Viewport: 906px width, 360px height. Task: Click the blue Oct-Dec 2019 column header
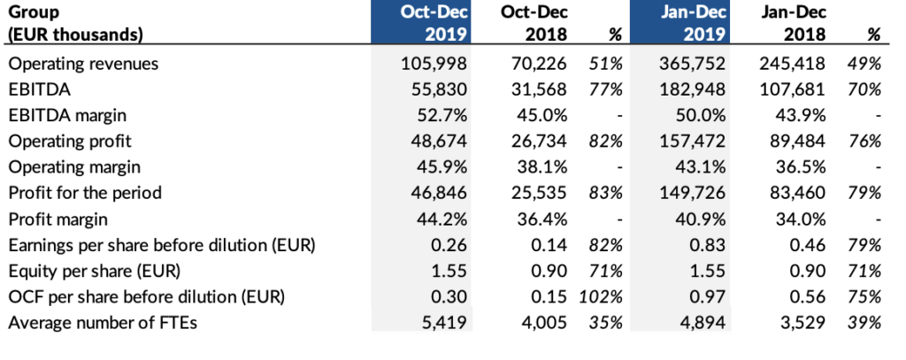[x=420, y=24]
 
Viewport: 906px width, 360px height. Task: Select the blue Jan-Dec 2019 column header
[x=679, y=24]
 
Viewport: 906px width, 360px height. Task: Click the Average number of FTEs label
[x=102, y=322]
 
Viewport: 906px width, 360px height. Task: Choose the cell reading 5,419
[x=446, y=322]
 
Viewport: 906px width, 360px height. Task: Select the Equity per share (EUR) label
[x=88, y=271]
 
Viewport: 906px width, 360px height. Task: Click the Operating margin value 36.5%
[x=802, y=167]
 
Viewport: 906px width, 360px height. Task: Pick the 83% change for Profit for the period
[x=606, y=193]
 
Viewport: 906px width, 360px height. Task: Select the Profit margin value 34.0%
[x=802, y=218]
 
